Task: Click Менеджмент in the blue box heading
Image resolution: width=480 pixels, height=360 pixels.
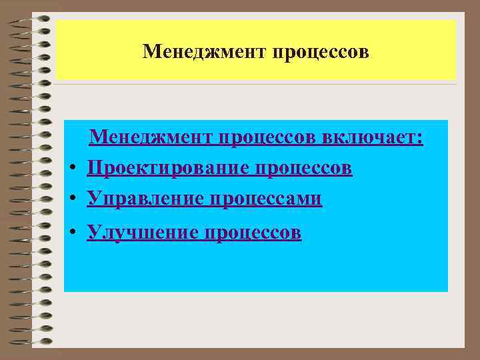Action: click(149, 137)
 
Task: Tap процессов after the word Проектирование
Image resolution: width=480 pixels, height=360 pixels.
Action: click(305, 168)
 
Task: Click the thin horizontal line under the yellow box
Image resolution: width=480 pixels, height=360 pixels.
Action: click(256, 84)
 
